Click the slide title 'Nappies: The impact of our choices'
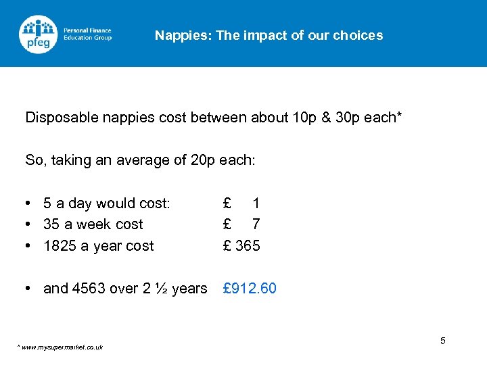coord(269,35)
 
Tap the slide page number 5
coord(442,341)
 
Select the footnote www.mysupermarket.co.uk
coord(62,347)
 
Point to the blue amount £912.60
coord(250,289)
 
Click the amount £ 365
coord(241,245)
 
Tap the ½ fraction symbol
coord(162,289)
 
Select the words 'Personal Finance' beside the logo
coord(87,30)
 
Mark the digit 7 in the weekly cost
coord(256,224)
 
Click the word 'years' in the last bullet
coord(189,289)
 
